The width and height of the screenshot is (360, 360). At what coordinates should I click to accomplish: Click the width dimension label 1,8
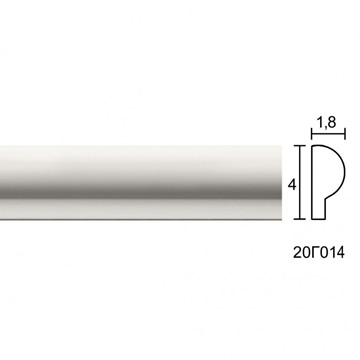(326, 123)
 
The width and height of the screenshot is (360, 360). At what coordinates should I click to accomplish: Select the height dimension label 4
(292, 184)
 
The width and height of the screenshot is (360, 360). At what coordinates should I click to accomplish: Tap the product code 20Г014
(318, 252)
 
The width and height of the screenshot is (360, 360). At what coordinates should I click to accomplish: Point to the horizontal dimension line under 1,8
(328, 134)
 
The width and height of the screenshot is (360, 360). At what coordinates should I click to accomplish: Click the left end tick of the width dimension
(312, 134)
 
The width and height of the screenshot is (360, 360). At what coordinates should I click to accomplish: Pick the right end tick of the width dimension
(345, 134)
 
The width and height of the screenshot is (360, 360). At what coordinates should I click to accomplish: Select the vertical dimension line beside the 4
(300, 182)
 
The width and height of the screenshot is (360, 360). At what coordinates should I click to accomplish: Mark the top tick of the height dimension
(300, 146)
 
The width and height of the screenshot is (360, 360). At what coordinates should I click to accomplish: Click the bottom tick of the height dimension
(300, 219)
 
